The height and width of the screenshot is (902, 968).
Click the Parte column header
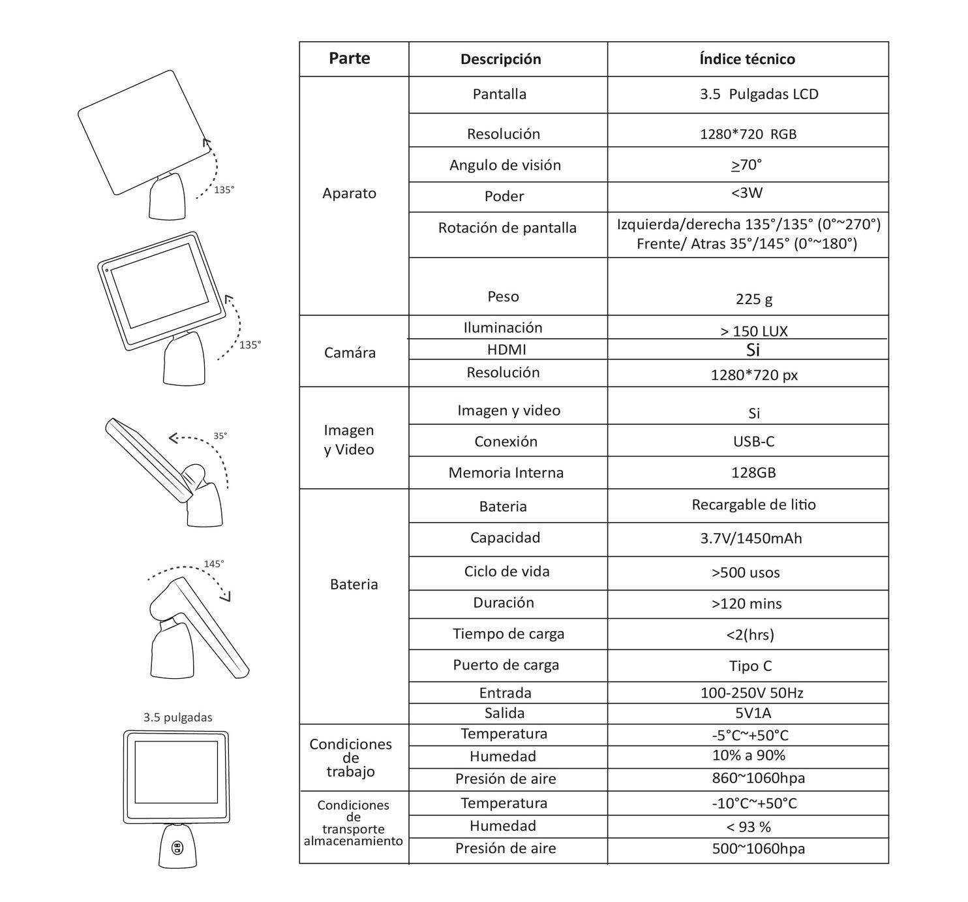350,59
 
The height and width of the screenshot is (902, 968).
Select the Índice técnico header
747,59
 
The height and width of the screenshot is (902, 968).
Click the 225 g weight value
754,299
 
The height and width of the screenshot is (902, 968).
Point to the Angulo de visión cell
505,165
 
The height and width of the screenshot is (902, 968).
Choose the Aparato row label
349,193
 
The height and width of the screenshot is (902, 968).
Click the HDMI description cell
506,350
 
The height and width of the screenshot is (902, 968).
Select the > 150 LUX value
754,331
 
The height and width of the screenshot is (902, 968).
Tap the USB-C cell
753,442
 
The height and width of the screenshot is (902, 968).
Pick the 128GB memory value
753,473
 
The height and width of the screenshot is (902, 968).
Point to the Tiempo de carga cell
508,634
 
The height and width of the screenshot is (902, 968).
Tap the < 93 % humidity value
748,827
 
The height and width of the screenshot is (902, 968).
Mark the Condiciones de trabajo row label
350,758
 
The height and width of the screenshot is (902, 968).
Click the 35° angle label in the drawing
220,436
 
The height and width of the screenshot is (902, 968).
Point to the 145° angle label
214,564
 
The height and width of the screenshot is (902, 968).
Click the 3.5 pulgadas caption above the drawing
177,717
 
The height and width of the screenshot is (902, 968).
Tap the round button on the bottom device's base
177,848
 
